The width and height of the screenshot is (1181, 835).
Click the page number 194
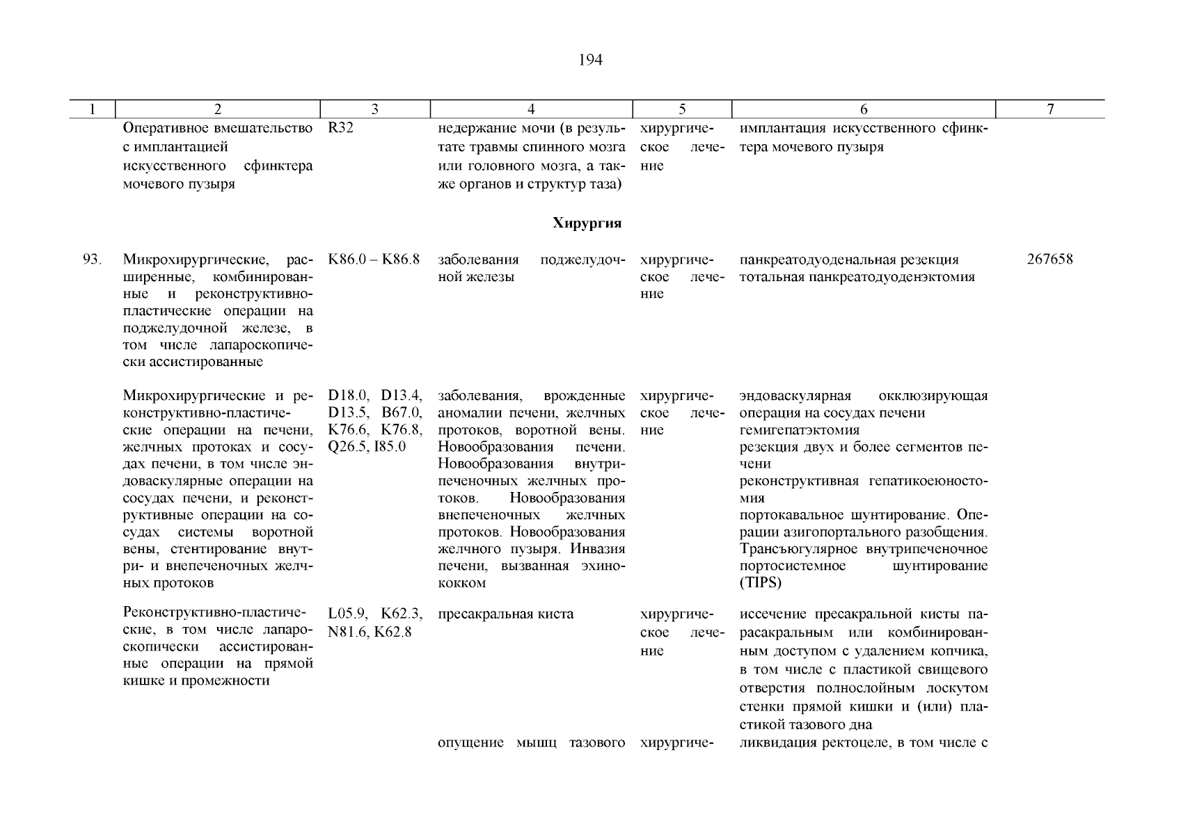(590, 61)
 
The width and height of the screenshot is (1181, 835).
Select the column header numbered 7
(1050, 109)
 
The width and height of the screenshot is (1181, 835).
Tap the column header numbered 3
(374, 109)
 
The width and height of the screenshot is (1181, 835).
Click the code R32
(340, 129)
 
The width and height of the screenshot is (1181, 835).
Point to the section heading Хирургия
(587, 223)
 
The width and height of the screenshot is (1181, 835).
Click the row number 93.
(93, 260)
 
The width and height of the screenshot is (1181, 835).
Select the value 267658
(1049, 260)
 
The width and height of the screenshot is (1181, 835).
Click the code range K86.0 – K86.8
(374, 260)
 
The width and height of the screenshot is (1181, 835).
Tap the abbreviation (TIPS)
(761, 583)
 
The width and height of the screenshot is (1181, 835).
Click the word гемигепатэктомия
(799, 430)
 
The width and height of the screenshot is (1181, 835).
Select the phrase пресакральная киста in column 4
(506, 614)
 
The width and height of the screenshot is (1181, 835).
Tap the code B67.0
(402, 413)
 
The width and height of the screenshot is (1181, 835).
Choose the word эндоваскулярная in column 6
(795, 396)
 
